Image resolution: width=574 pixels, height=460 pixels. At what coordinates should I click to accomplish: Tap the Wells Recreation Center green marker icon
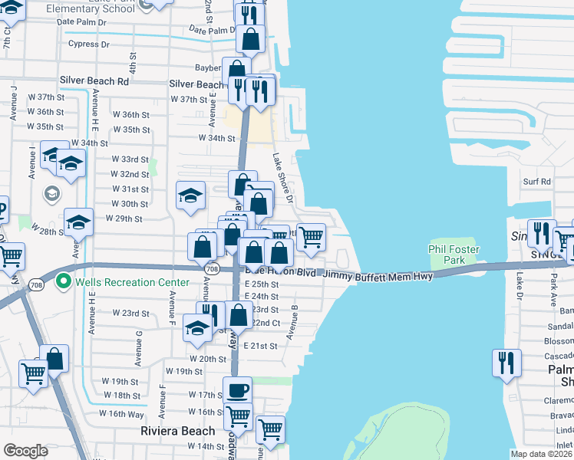pyautogui.click(x=65, y=282)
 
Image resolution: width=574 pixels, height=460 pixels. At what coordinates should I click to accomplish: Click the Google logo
pyautogui.click(x=25, y=451)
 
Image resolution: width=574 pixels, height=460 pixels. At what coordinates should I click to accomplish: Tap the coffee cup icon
pyautogui.click(x=237, y=390)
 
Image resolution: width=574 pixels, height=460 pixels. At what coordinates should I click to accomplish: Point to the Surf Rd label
pyautogui.click(x=537, y=182)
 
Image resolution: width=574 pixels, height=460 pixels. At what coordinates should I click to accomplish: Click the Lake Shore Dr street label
pyautogui.click(x=282, y=177)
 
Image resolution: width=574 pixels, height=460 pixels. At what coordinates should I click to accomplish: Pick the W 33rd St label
pyautogui.click(x=130, y=159)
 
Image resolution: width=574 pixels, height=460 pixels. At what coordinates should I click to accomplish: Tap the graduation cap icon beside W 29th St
pyautogui.click(x=78, y=222)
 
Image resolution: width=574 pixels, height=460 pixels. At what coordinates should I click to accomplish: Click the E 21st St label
pyautogui.click(x=261, y=346)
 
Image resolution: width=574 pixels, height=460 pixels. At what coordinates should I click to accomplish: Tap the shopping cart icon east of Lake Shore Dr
pyautogui.click(x=311, y=237)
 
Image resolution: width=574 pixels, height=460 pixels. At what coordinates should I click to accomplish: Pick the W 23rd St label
pyautogui.click(x=130, y=313)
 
